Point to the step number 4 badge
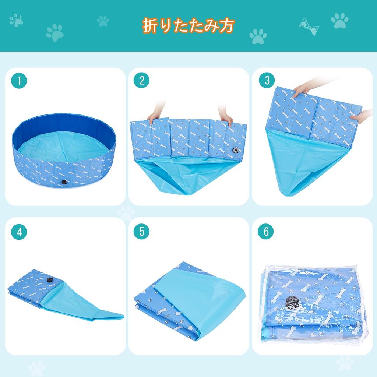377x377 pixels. pos(19,232)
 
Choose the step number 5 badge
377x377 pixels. pos(142,232)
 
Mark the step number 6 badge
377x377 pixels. pos(266,232)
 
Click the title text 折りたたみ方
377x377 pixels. pos(188,26)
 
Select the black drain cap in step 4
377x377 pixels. pos(50,281)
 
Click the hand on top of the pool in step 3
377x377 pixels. pos(302,89)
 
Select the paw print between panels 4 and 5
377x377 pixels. pos(126,213)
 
